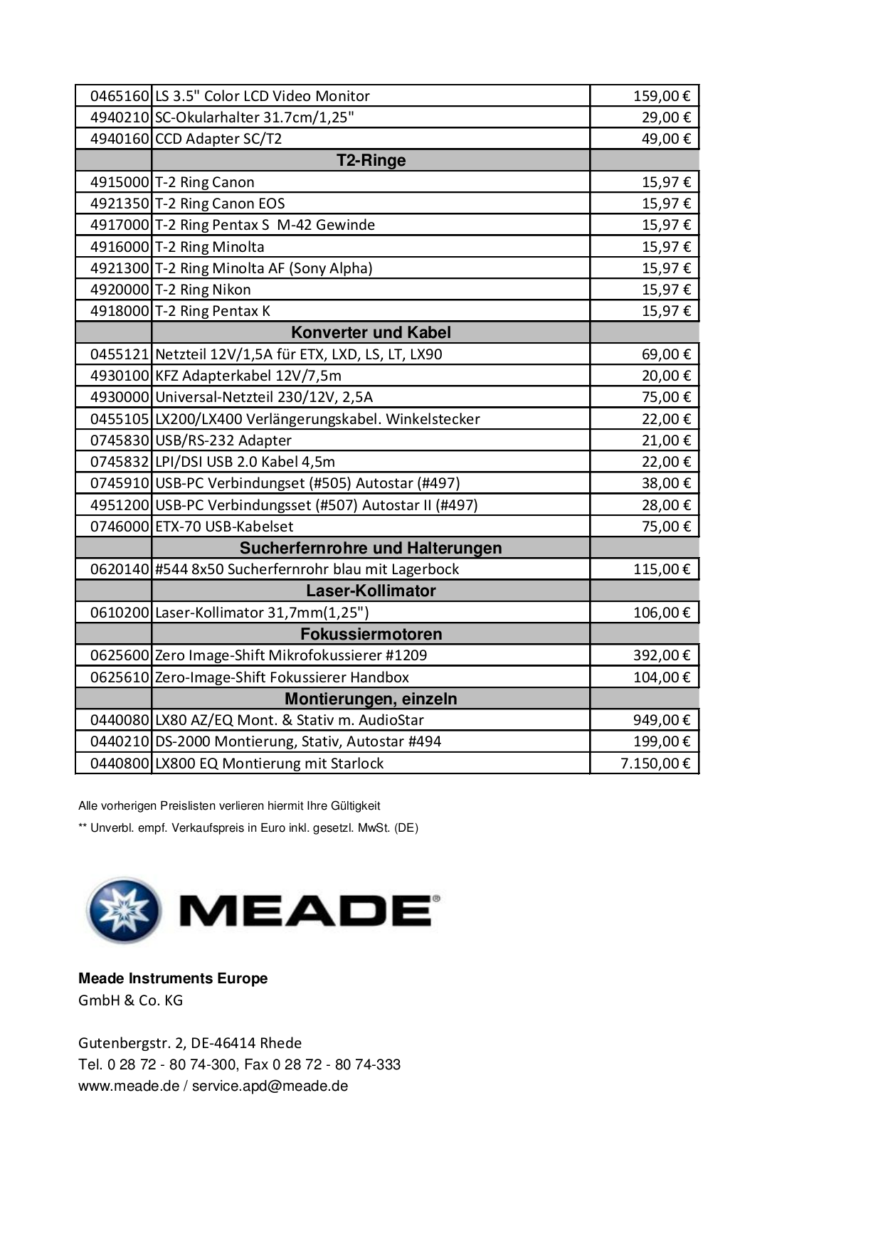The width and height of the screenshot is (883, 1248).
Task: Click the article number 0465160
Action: click(120, 96)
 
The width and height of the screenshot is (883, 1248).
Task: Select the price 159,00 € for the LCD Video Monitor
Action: click(661, 96)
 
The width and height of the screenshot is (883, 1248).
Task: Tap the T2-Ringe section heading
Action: click(371, 160)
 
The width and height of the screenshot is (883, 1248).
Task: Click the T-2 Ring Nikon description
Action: click(203, 290)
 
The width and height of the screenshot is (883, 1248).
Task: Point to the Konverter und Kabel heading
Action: click(371, 332)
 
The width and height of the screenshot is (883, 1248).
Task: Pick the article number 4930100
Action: click(120, 376)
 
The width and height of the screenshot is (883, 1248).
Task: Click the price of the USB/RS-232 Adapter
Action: click(665, 440)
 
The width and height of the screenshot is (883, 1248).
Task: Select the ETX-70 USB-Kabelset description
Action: click(224, 527)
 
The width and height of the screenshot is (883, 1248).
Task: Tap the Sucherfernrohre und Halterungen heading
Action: click(371, 548)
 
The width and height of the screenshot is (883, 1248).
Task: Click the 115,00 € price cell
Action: click(661, 569)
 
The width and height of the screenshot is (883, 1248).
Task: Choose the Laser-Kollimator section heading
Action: click(371, 591)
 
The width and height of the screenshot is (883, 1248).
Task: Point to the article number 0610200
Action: click(120, 613)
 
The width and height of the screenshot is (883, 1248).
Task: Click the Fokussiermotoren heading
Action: click(371, 634)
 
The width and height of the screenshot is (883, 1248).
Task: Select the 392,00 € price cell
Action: click(661, 655)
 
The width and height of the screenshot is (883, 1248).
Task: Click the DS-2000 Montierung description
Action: click(298, 741)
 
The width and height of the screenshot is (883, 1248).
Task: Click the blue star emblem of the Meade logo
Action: click(122, 911)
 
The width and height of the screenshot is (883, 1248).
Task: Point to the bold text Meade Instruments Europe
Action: click(173, 978)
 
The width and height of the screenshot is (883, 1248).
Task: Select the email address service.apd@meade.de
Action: click(270, 1086)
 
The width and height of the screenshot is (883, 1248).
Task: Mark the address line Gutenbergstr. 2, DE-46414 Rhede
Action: click(190, 1043)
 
